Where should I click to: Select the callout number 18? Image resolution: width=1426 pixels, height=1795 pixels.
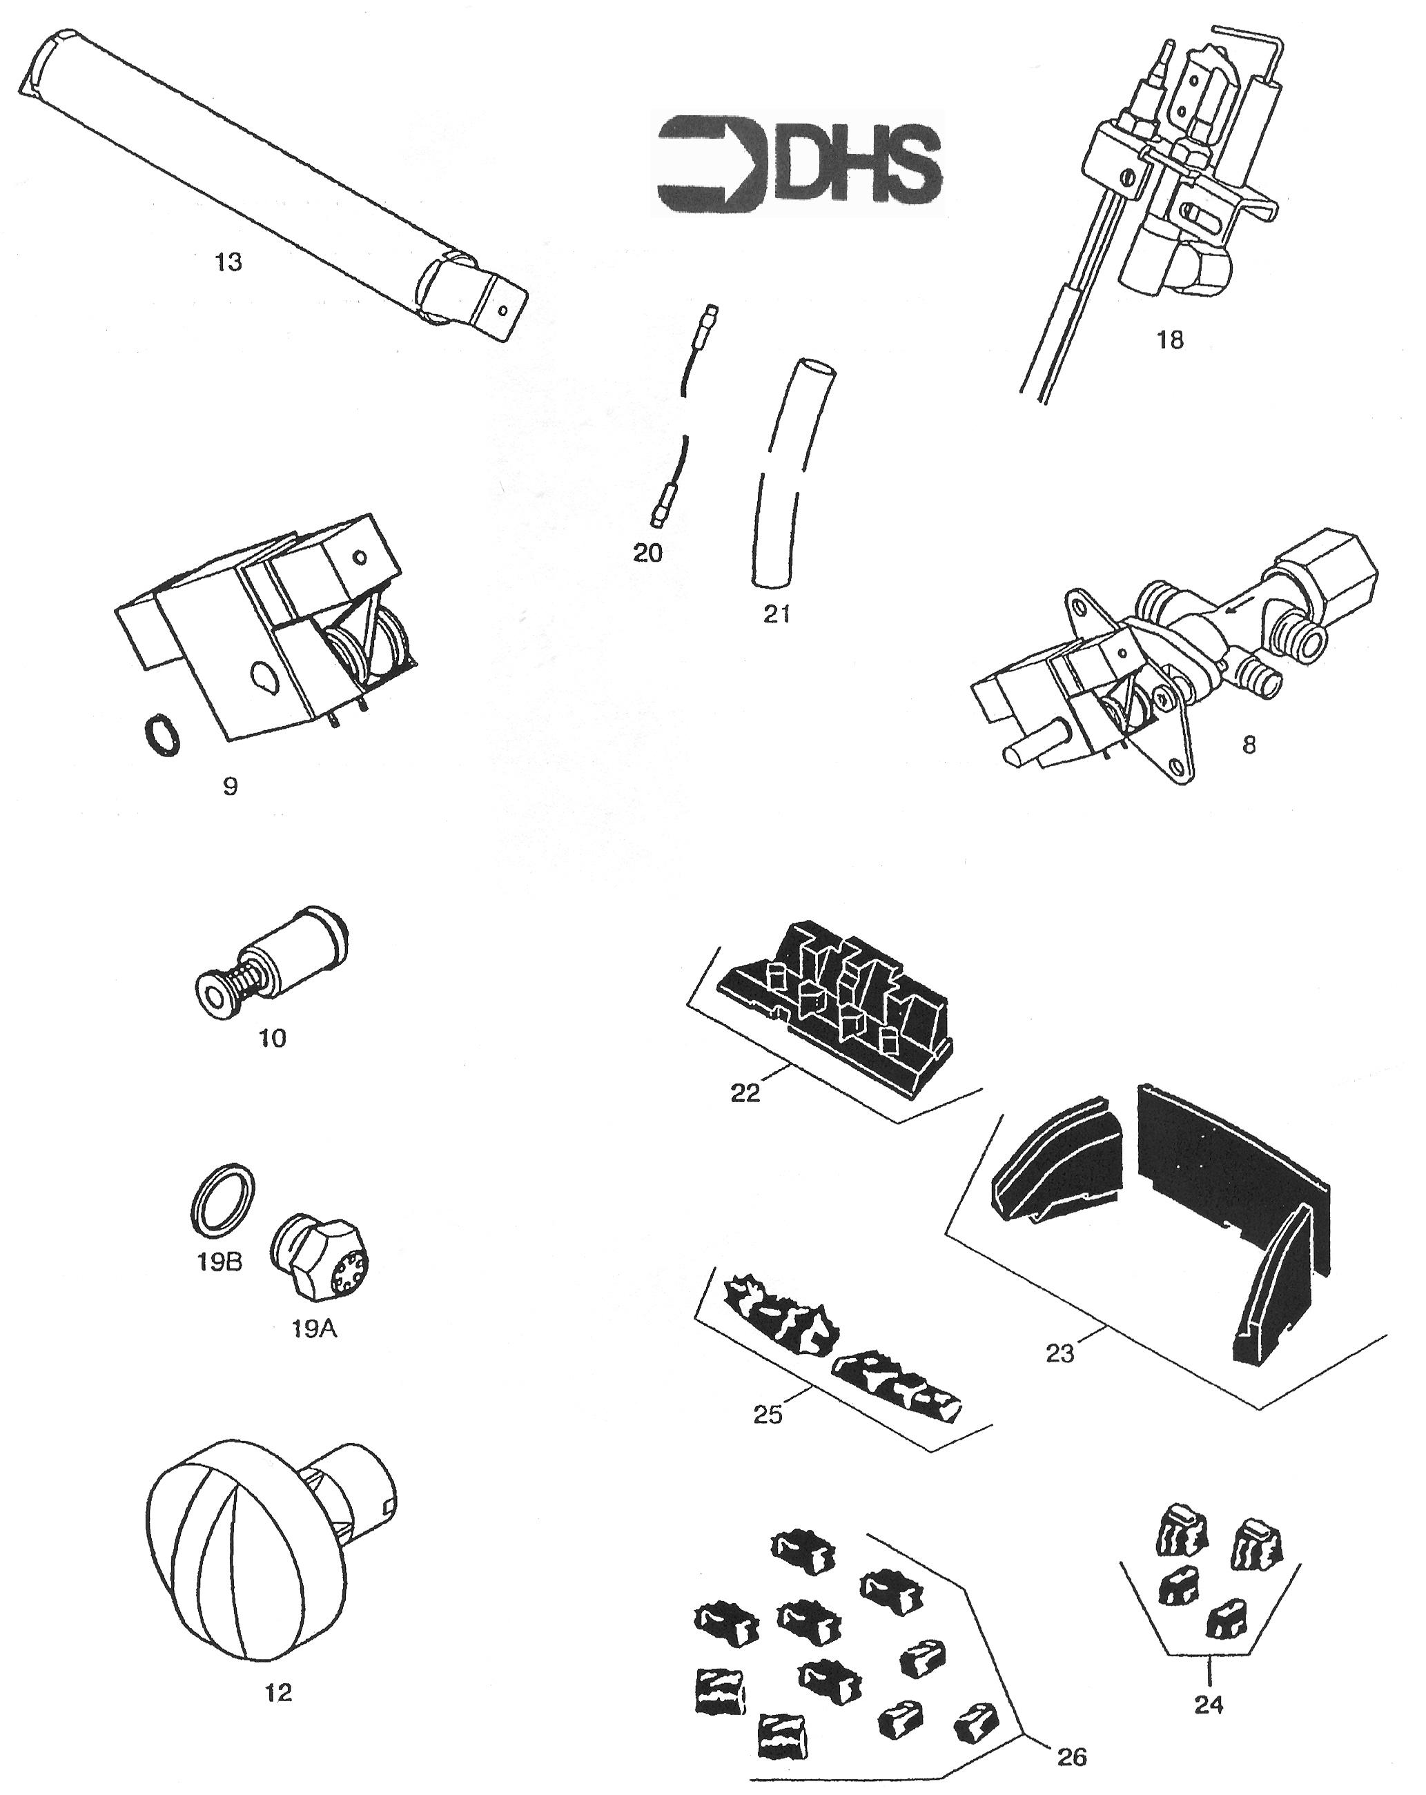click(1170, 340)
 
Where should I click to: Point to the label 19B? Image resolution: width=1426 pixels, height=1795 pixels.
click(219, 1262)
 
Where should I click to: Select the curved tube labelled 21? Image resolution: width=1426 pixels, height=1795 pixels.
click(791, 475)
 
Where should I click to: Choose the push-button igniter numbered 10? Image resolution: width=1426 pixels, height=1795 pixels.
click(271, 961)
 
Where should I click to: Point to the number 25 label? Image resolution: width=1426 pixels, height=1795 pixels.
click(767, 1415)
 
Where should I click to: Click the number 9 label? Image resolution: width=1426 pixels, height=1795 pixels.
click(231, 786)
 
